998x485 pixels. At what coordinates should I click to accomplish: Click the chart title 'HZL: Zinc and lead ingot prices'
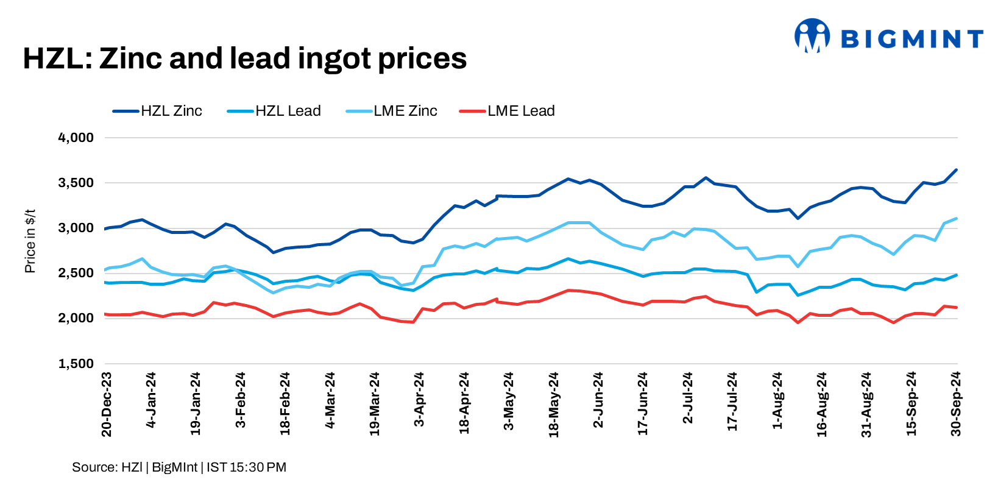click(x=244, y=59)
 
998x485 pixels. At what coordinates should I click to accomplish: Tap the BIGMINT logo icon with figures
click(x=812, y=35)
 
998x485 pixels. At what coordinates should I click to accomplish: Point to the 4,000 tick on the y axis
click(x=76, y=138)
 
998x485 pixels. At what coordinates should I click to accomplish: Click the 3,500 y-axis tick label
click(x=76, y=183)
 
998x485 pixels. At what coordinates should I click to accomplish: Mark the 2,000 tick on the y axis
click(x=76, y=318)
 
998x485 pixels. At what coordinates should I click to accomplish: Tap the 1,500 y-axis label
click(x=76, y=364)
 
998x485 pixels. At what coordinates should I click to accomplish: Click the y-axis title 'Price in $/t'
click(x=30, y=241)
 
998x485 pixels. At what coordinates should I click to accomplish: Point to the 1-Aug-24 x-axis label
click(x=777, y=401)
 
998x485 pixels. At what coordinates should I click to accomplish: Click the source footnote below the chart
click(x=179, y=467)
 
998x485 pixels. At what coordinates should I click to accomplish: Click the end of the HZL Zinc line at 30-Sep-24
click(x=957, y=170)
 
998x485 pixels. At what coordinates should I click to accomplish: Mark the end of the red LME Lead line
click(x=957, y=308)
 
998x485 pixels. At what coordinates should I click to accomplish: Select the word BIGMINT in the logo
click(x=912, y=40)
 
